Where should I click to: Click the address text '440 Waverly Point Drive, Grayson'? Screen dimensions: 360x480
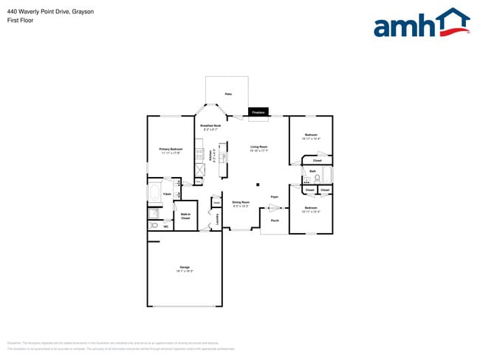tap(41, 13)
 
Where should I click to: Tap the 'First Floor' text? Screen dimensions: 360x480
tap(20, 22)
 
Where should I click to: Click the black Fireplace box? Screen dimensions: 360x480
tap(258, 112)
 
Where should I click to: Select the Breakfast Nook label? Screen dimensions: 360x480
tap(210, 126)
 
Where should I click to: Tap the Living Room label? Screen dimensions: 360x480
tap(258, 148)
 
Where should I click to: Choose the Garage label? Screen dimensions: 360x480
tap(184, 268)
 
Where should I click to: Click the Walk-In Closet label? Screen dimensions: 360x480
tap(185, 216)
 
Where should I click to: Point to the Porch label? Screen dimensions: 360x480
tap(274, 221)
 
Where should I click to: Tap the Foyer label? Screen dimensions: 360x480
tap(274, 197)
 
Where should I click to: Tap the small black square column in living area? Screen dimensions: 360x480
tap(258, 184)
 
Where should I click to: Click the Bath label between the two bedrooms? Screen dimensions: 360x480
tap(312, 171)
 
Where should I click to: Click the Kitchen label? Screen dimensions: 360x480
tap(210, 156)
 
